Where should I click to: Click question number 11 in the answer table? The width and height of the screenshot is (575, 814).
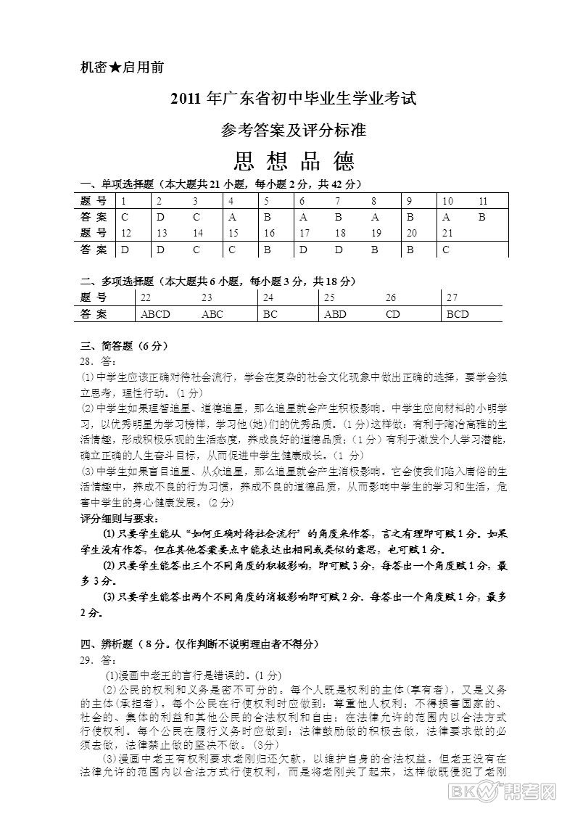point(484,200)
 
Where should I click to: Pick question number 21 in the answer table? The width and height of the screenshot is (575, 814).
point(447,233)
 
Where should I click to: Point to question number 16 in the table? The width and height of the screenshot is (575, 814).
point(268,233)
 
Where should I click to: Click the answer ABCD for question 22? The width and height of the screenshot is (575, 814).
point(155,314)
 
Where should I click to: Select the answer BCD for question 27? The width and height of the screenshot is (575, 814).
point(458,314)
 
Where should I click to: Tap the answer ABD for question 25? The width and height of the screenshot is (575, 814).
point(335,314)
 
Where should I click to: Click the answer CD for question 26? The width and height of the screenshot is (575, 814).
point(392,314)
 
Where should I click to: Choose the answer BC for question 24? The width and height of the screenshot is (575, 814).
point(270,314)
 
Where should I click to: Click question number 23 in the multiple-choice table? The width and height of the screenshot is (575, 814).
point(207,297)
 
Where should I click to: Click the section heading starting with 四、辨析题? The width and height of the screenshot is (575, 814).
point(199,644)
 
